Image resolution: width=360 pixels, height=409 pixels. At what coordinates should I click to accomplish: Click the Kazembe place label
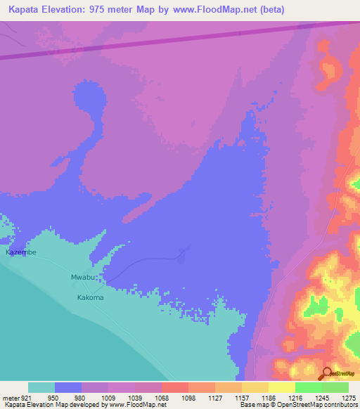[20, 252]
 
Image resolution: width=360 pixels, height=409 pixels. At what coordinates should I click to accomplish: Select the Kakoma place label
[90, 297]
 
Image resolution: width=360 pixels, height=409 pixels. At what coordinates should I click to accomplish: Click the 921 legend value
[25, 398]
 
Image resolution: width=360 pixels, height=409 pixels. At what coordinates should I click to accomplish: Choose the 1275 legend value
[349, 398]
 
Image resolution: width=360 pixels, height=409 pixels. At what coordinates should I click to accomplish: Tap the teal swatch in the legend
[41, 387]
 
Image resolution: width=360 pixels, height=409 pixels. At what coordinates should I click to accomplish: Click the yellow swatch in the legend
[281, 387]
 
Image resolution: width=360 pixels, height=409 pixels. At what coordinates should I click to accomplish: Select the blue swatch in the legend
[68, 387]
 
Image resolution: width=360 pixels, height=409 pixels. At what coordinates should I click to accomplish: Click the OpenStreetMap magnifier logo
[326, 374]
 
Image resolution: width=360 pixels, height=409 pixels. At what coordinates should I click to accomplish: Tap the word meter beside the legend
[8, 398]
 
